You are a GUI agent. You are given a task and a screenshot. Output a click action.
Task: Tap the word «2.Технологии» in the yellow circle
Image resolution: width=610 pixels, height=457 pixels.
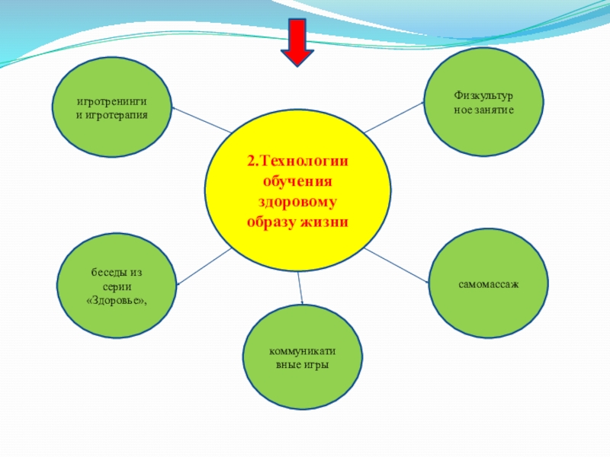point(297,162)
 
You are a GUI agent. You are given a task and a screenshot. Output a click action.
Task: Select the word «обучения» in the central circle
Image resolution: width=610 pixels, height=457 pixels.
point(297,182)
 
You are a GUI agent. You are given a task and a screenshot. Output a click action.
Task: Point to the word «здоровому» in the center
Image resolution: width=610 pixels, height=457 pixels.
point(297,202)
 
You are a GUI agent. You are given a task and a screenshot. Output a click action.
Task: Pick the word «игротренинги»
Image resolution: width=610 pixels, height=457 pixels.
point(111,101)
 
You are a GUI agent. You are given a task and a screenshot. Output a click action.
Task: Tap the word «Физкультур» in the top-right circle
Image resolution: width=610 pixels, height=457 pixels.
point(483,97)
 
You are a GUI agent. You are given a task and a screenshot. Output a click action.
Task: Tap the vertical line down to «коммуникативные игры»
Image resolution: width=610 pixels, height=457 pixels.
point(300,288)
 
